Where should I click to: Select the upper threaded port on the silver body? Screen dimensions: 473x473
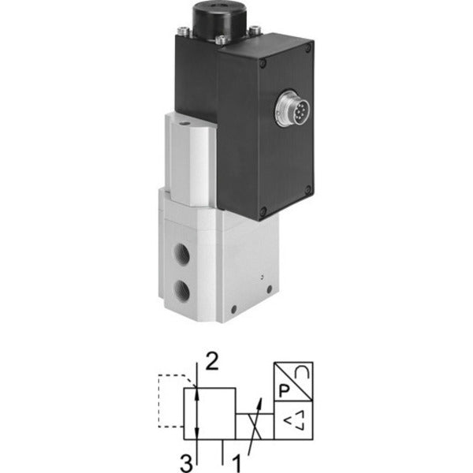182,254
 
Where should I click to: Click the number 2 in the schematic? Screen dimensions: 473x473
212,362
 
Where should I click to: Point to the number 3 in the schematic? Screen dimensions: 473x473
186,464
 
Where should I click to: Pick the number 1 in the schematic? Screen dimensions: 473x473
237,464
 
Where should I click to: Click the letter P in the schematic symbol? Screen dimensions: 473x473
284,391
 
